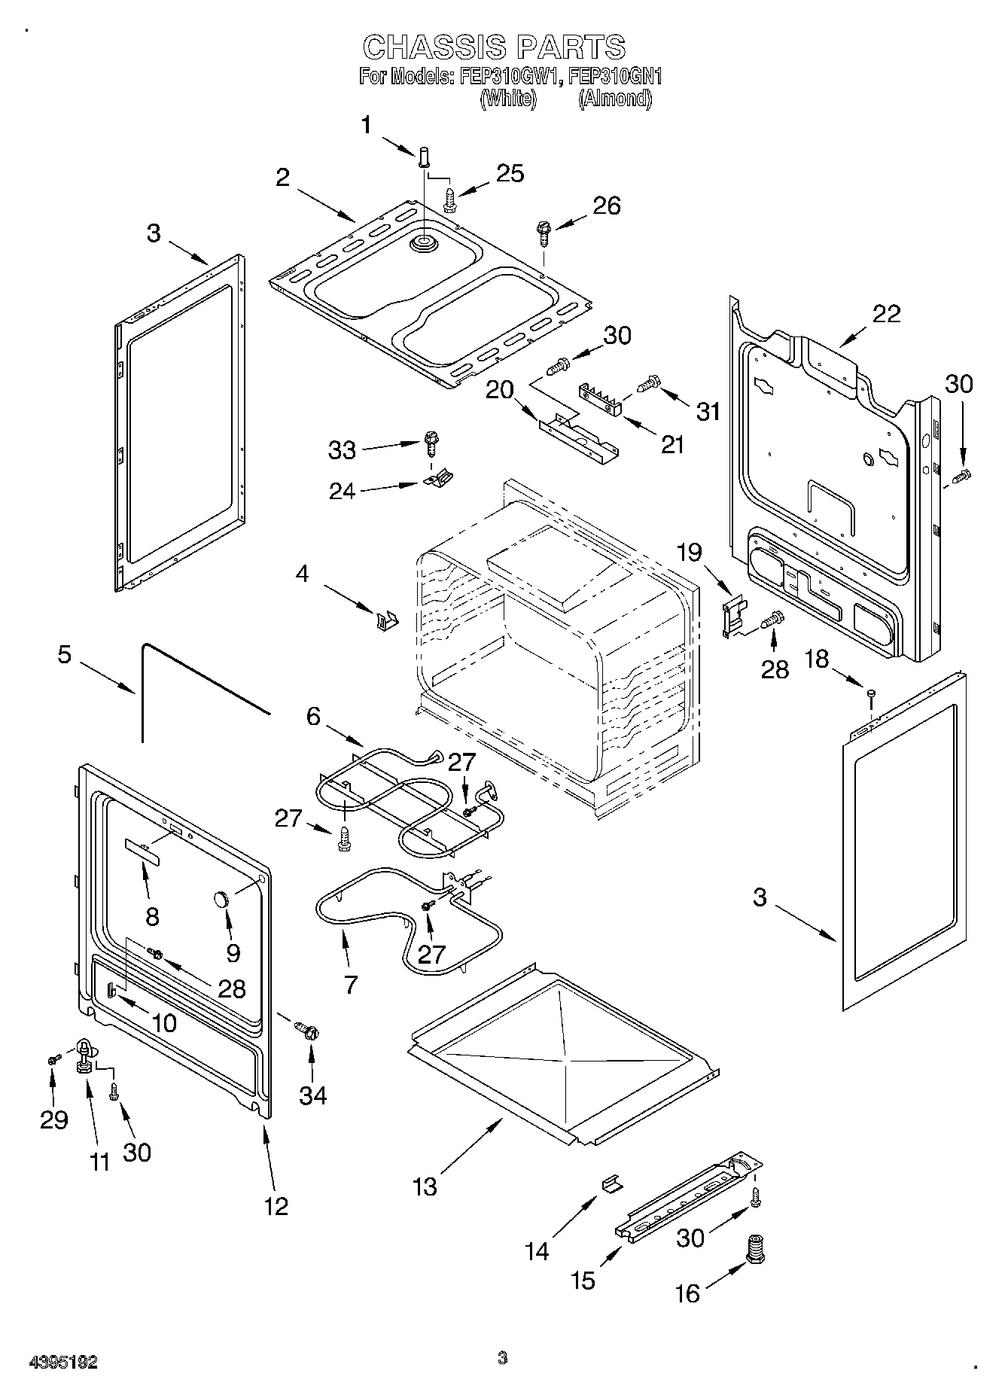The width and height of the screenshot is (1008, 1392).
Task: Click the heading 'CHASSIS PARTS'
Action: tap(494, 47)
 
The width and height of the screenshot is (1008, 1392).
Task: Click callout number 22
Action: tap(885, 313)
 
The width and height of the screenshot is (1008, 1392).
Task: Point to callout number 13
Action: tap(425, 1186)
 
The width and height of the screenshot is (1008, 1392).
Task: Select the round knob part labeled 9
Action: tap(222, 899)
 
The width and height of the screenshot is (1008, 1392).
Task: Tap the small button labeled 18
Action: tap(871, 693)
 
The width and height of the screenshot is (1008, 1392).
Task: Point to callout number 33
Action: tap(342, 449)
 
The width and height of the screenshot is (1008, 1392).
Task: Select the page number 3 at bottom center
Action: tap(503, 1358)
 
